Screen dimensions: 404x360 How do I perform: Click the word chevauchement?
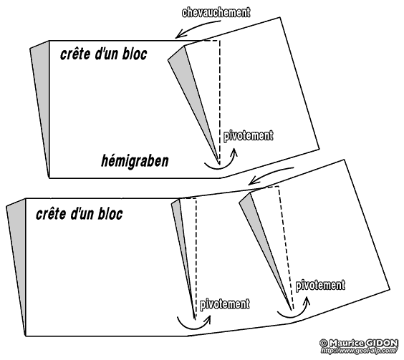pyautogui.click(x=216, y=12)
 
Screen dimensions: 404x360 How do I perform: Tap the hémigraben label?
pyautogui.click(x=135, y=161)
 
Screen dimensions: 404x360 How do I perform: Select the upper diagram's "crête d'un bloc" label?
pyautogui.click(x=104, y=54)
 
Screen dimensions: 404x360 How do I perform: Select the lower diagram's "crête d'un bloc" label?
pyautogui.click(x=80, y=214)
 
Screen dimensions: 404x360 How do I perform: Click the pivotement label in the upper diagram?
pyautogui.click(x=248, y=135)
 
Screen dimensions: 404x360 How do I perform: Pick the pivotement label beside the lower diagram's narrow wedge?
pyautogui.click(x=225, y=304)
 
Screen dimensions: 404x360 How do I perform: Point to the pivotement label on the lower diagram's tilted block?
pyautogui.click(x=320, y=285)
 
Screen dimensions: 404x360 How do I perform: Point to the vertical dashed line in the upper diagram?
pyautogui.click(x=220, y=102)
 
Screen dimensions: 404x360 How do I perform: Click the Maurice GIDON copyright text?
pyautogui.click(x=359, y=343)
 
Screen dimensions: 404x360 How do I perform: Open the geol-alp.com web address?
pyautogui.click(x=359, y=350)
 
